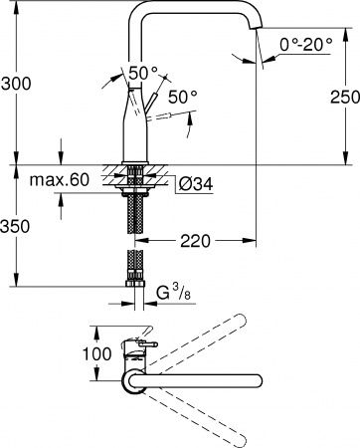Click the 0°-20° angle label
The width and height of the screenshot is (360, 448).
(x=305, y=45)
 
